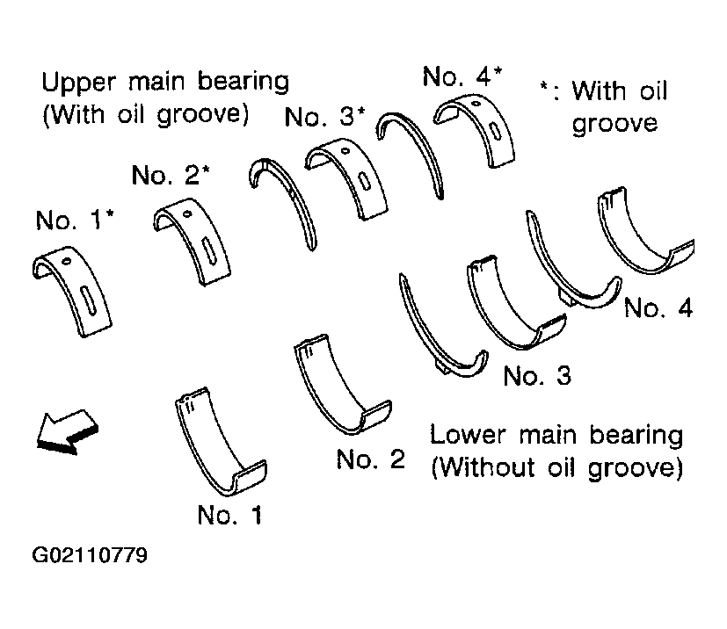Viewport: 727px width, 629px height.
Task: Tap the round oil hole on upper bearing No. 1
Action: (67, 261)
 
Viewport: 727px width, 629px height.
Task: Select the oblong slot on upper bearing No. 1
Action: (88, 300)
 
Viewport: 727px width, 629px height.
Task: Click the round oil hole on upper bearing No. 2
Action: (187, 214)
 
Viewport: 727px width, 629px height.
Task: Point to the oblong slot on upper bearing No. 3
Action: (364, 179)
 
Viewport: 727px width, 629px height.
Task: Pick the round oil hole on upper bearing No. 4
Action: (475, 104)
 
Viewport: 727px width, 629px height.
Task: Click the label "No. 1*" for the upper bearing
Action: (75, 220)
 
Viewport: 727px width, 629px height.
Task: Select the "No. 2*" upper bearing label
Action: (171, 175)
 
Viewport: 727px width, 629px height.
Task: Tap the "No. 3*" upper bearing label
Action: (325, 116)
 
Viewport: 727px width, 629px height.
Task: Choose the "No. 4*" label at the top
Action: (462, 76)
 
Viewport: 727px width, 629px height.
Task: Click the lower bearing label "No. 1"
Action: (230, 515)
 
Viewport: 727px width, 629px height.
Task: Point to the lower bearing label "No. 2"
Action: (371, 459)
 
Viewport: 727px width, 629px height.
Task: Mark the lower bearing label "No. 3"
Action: (537, 375)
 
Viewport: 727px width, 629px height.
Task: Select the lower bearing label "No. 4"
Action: (658, 307)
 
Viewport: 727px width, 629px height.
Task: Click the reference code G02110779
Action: (90, 555)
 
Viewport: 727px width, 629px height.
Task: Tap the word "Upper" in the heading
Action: (78, 83)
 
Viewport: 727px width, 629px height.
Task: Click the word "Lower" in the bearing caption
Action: (468, 435)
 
